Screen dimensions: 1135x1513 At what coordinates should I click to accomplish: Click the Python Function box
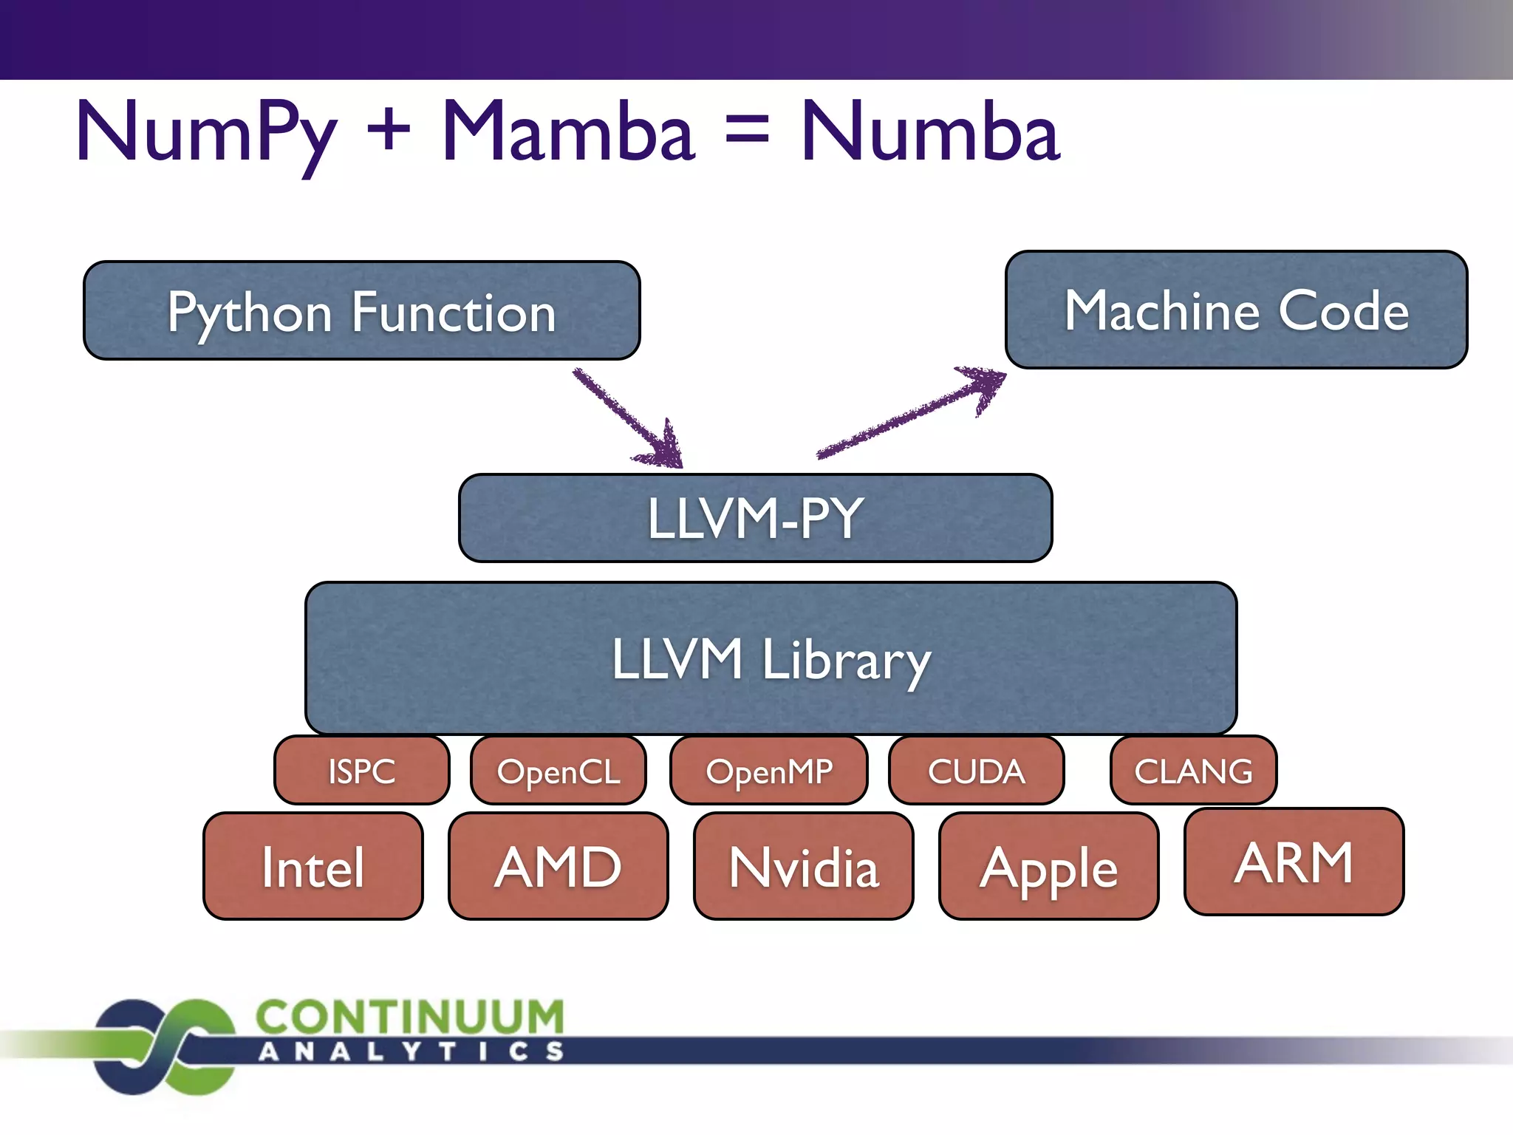(x=361, y=311)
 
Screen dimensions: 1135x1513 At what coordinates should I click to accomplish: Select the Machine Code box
(x=1236, y=310)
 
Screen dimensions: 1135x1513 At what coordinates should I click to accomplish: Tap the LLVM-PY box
(x=755, y=518)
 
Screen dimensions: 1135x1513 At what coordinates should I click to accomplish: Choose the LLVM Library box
(x=771, y=658)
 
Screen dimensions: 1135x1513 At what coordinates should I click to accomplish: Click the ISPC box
(x=361, y=771)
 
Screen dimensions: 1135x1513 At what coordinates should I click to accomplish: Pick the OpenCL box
(x=559, y=771)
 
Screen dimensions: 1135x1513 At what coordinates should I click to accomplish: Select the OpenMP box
(x=768, y=771)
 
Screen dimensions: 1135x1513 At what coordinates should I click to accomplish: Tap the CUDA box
(x=976, y=771)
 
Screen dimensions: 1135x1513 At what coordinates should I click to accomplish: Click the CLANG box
(x=1193, y=771)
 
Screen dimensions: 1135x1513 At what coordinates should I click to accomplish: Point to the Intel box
(x=313, y=866)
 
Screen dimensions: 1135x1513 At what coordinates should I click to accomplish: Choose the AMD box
(x=559, y=866)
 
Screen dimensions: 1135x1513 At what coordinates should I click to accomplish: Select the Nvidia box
(x=804, y=866)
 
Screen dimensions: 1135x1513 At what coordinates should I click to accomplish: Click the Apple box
(x=1048, y=866)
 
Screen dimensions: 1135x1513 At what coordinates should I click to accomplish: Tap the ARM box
(x=1294, y=862)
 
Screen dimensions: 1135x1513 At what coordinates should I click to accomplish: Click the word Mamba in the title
(x=567, y=133)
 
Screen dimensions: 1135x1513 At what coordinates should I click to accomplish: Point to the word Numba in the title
(x=931, y=133)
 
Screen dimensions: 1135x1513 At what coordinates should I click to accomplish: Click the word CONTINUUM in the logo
(x=410, y=1017)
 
